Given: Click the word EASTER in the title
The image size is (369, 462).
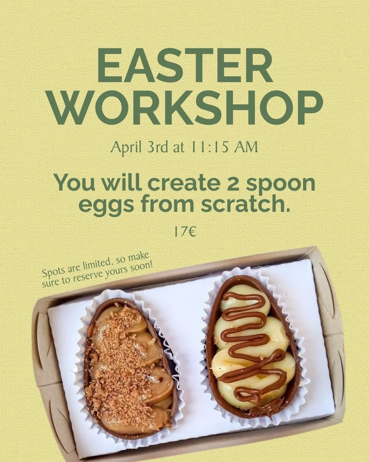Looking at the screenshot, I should point(185,66).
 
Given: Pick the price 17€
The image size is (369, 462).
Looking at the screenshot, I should point(184,232).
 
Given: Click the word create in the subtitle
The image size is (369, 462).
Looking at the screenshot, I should point(183,183).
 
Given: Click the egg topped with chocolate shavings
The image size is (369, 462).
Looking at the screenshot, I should point(132,366).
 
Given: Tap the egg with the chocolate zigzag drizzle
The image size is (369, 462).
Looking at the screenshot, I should point(251,346).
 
